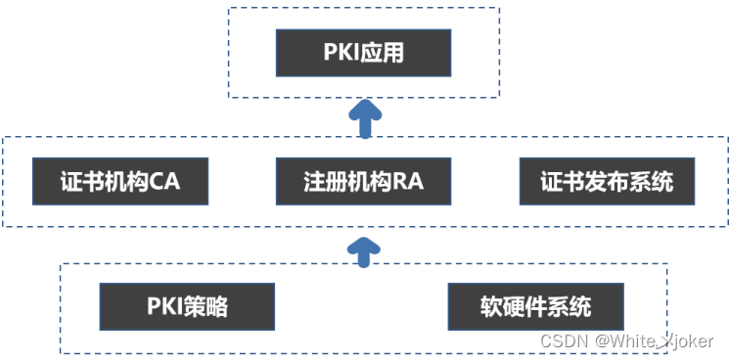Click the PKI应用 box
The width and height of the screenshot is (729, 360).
(363, 53)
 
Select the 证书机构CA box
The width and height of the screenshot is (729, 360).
(120, 181)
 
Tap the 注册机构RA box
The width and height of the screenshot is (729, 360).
(363, 181)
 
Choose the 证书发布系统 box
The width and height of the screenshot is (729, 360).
(607, 181)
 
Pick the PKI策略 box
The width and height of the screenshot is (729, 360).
(188, 306)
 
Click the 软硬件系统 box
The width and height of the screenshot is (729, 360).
(535, 306)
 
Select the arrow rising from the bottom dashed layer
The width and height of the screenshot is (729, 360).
(365, 248)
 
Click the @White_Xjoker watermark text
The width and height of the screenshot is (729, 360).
(656, 340)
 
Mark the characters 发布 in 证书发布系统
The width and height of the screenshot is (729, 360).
(607, 181)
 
